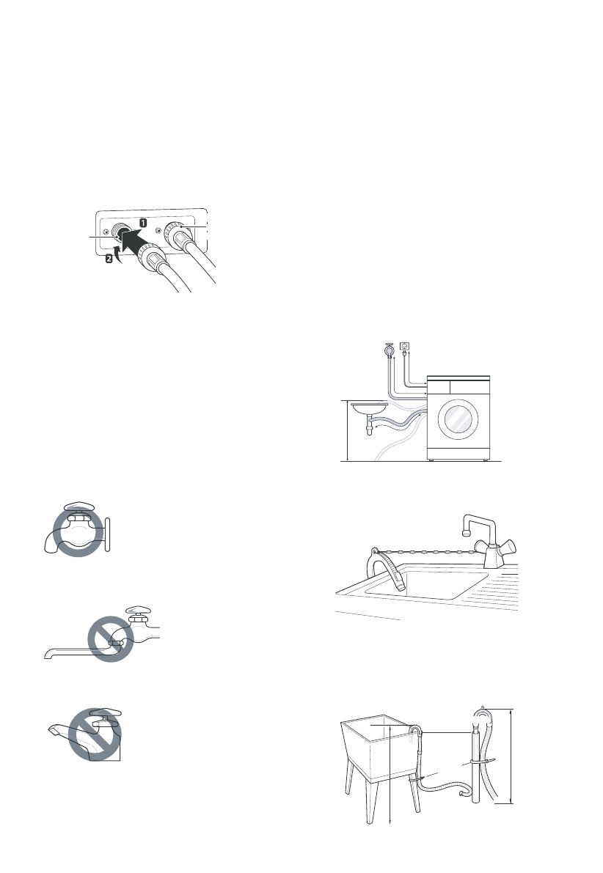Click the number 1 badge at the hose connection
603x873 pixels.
coord(144,221)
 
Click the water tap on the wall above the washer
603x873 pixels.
coord(389,350)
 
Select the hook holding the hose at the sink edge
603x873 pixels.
coord(375,550)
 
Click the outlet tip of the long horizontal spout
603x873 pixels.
coord(47,655)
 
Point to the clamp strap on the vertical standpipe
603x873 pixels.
coord(475,761)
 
